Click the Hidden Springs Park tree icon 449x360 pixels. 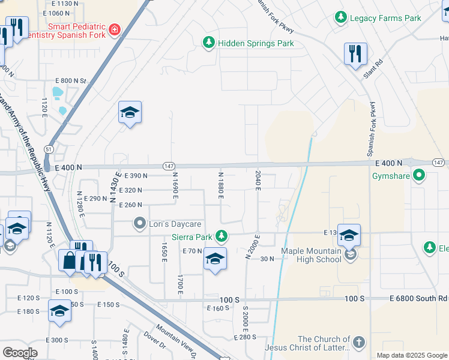[208, 43]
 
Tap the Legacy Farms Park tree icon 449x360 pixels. [341, 18]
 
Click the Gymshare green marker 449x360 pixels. [420, 176]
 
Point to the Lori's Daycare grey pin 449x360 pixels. [140, 224]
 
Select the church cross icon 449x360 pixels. [358, 343]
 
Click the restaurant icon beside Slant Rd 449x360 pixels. [355, 54]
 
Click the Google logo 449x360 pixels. [20, 353]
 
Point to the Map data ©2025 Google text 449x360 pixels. [411, 355]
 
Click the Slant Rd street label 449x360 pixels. [372, 71]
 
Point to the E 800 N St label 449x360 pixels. [71, 80]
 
